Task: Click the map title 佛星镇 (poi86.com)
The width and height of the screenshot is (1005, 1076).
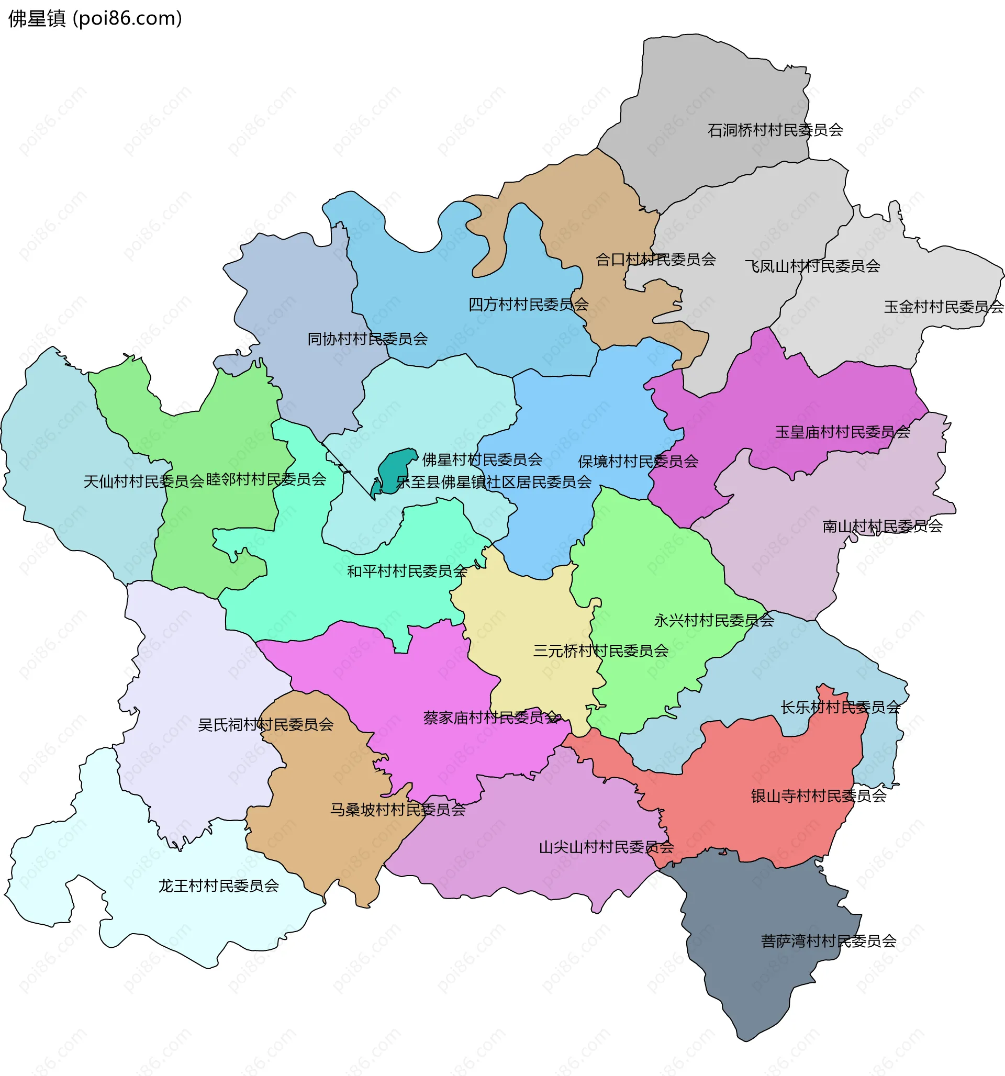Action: (x=95, y=18)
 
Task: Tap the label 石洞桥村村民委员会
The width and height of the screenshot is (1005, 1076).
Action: (x=775, y=130)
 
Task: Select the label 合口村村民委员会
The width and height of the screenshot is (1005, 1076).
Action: (x=655, y=260)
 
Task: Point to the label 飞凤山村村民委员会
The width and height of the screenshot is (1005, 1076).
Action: (x=812, y=266)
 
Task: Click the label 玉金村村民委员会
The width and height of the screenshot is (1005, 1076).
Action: (x=943, y=307)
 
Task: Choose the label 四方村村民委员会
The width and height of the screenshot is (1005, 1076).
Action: (x=528, y=305)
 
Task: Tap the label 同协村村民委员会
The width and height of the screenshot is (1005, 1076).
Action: (x=367, y=339)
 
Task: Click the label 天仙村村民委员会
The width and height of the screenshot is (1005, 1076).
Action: (x=143, y=481)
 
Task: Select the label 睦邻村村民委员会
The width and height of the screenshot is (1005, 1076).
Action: (x=266, y=479)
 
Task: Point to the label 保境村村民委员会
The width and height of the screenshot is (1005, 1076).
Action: (x=638, y=461)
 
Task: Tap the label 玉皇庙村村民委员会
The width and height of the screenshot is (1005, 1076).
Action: (x=842, y=432)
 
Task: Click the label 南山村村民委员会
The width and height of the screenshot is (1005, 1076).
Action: (x=882, y=526)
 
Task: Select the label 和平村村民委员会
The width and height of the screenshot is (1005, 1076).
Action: (x=407, y=571)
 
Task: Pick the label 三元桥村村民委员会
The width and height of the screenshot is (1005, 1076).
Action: (x=600, y=651)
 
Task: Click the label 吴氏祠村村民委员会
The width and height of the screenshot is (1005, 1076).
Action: (x=265, y=725)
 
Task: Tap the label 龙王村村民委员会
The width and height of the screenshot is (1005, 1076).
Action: (x=218, y=886)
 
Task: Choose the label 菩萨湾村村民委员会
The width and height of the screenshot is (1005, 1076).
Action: (x=828, y=941)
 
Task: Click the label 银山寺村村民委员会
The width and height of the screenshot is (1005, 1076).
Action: (x=818, y=796)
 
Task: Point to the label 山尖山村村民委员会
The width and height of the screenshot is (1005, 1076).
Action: (x=606, y=847)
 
